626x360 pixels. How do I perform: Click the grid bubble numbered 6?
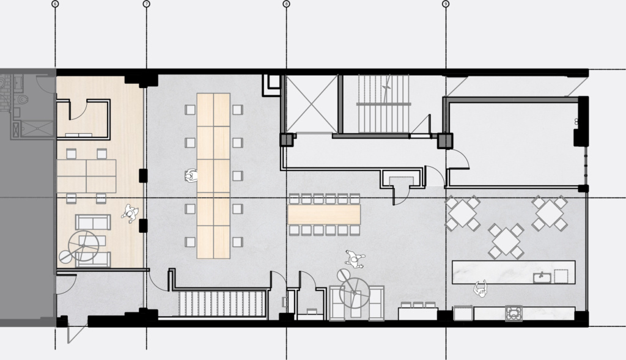56,4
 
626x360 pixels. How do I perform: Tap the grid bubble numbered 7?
146,4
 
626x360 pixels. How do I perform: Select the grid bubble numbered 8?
286,4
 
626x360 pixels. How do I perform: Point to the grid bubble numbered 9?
445,4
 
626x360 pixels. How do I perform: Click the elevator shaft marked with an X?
312,103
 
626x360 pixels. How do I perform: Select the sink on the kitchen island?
542,277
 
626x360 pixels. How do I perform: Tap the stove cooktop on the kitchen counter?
512,314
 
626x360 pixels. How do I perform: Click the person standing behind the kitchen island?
481,288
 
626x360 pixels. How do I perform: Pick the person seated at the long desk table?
190,176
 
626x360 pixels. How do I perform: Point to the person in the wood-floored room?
130,212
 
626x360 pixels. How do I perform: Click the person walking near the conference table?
354,259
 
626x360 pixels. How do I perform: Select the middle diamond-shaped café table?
506,240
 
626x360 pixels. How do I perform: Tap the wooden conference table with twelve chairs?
324,214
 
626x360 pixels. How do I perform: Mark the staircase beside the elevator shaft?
383,103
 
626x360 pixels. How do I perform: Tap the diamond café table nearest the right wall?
550,212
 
